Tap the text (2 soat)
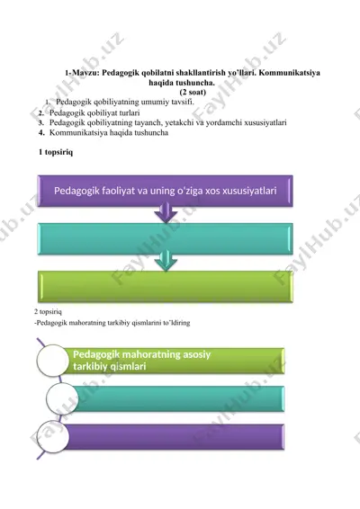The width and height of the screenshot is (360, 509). [193, 93]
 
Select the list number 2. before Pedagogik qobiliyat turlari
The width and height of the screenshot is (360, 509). [40, 113]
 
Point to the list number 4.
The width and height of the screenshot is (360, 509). [40, 132]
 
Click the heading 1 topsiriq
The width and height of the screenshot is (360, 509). [56, 152]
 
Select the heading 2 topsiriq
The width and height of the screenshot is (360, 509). [48, 312]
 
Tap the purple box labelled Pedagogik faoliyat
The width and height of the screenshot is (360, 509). [166, 191]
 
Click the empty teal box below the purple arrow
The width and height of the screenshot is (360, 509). [166, 239]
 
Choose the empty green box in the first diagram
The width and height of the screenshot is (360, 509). [166, 287]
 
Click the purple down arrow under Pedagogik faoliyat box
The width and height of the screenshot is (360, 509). [166, 212]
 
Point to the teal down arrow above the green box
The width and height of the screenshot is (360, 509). [166, 261]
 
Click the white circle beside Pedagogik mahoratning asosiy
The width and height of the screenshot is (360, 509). [52, 361]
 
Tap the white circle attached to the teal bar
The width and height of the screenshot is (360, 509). [62, 398]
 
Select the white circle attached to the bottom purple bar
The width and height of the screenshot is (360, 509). [52, 437]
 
